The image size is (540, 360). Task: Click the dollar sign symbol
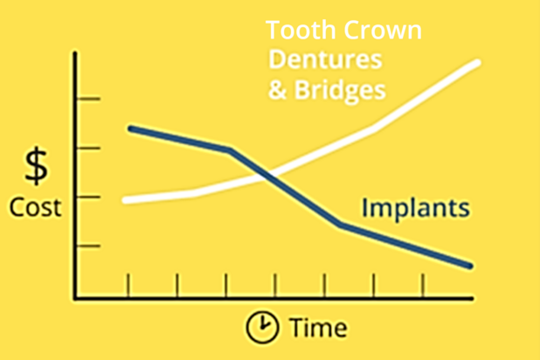36,166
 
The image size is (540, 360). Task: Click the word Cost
36,207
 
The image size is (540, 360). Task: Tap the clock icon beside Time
262,327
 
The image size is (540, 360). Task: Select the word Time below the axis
318,328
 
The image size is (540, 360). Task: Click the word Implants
416,209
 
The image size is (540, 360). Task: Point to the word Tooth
301,31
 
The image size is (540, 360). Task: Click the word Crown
383,31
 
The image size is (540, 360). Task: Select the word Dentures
325,59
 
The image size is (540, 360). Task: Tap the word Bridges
340,91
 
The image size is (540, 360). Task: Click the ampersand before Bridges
278,90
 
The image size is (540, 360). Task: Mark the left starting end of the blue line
131,128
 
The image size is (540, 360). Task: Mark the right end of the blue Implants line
470,266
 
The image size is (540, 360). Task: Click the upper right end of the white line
477,63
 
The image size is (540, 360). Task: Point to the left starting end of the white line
125,200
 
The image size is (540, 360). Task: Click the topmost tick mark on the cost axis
88,99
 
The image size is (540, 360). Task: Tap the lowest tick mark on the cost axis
88,246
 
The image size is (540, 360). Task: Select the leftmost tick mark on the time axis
128,285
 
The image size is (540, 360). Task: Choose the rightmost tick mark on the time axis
423,285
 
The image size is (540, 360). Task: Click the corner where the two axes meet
75,298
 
